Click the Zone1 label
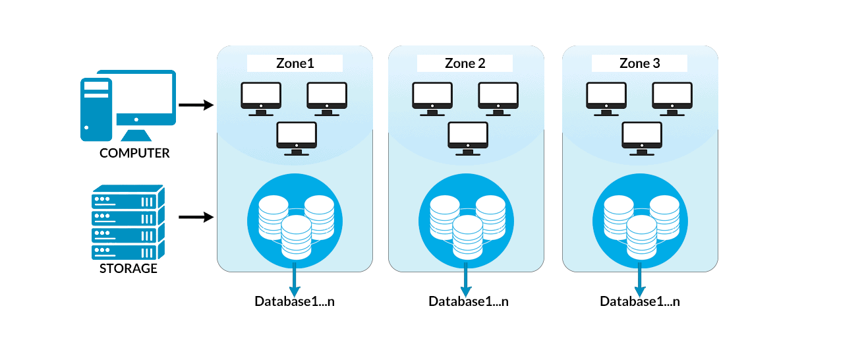pyautogui.click(x=295, y=63)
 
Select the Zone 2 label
pyautogui.click(x=465, y=63)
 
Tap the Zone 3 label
pyautogui.click(x=639, y=63)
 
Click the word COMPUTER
pyautogui.click(x=134, y=153)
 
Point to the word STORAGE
pyautogui.click(x=129, y=268)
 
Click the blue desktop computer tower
pyautogui.click(x=96, y=109)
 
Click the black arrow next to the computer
pyautogui.click(x=196, y=105)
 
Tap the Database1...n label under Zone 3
pyautogui.click(x=639, y=301)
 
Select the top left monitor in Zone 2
pyautogui.click(x=432, y=97)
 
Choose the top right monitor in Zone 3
pyautogui.click(x=672, y=97)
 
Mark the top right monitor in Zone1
pyautogui.click(x=327, y=97)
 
